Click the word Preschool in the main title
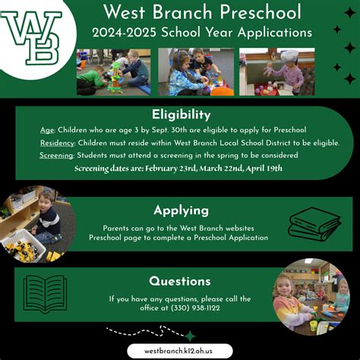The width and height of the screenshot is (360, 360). point(261,12)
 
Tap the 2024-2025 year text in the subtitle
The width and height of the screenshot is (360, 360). point(125,33)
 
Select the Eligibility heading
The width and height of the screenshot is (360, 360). point(182,115)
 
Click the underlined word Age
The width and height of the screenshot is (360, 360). point(47,130)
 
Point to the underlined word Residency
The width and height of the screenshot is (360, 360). point(57,143)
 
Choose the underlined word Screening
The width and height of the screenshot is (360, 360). point(56,155)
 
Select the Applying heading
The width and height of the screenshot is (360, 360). point(182,210)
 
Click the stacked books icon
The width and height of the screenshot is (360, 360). point(314,224)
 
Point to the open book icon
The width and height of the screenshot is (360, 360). point(45,293)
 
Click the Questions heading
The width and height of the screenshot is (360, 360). point(180,281)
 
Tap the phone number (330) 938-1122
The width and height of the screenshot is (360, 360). point(195,308)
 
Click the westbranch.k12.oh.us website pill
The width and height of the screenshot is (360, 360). point(180,351)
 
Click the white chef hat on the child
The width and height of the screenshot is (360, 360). point(289,56)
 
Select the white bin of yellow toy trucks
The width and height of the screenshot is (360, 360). point(24,245)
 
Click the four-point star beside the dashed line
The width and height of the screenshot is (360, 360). point(191,336)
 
